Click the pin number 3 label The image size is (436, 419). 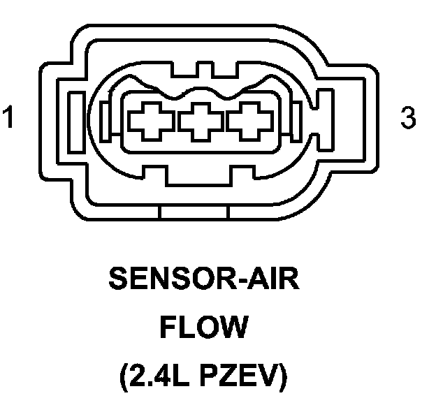409,117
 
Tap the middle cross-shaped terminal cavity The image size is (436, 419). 201,122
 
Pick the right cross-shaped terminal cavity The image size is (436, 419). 248,122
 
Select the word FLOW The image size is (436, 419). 203,328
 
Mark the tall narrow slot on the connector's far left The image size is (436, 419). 77,117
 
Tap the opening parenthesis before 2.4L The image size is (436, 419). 126,378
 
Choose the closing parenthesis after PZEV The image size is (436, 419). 282,378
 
